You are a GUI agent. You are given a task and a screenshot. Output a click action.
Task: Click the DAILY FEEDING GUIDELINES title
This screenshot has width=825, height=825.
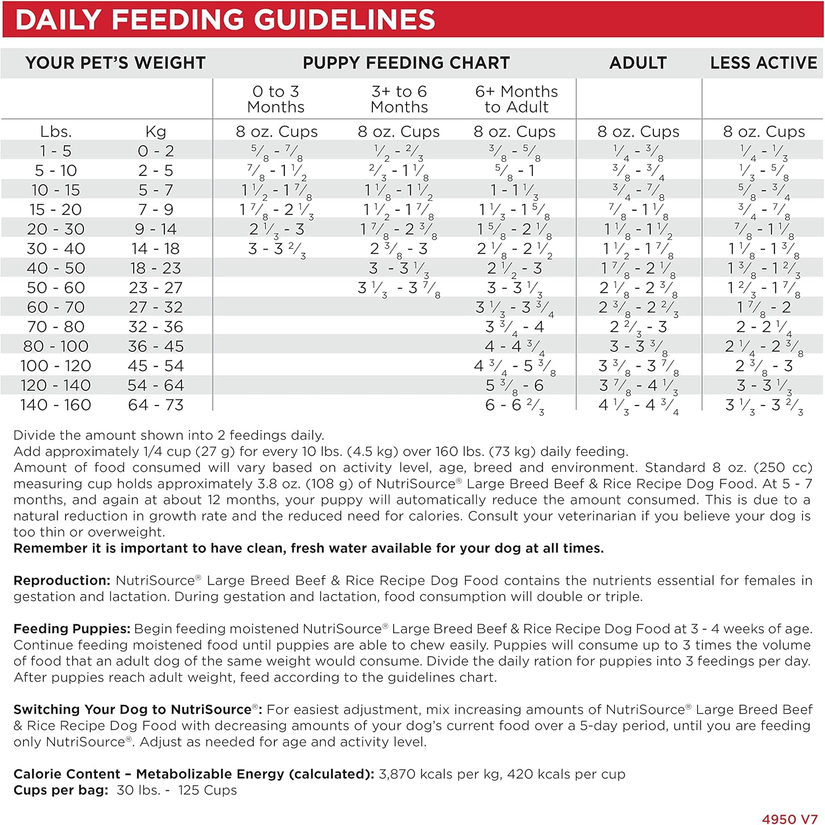[225, 19]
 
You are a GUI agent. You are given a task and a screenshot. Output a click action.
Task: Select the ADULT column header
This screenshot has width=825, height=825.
[638, 63]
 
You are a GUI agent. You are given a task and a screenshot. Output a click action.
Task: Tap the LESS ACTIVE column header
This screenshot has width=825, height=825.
[763, 63]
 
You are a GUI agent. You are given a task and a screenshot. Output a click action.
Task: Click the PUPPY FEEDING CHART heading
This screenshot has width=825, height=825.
[406, 63]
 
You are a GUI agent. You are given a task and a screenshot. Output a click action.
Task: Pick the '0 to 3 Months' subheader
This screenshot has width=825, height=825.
[276, 99]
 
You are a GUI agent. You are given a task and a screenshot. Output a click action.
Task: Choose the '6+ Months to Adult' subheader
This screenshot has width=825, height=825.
[516, 99]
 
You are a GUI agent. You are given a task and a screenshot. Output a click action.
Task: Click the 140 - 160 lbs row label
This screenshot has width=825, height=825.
[56, 405]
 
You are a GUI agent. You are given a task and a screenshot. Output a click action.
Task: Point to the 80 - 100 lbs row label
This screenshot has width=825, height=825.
[56, 346]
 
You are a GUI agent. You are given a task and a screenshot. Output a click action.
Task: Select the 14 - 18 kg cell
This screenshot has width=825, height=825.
[156, 249]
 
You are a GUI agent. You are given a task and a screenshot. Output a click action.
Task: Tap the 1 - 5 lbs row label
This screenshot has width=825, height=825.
[56, 151]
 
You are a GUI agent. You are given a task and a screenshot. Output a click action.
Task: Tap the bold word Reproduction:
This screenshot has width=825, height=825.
[62, 581]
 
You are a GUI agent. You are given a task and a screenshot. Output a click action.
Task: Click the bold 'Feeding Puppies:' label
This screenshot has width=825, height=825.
[71, 629]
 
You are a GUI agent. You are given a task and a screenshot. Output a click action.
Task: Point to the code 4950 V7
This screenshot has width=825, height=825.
[790, 819]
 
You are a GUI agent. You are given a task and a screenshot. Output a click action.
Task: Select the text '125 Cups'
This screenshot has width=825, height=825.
[207, 790]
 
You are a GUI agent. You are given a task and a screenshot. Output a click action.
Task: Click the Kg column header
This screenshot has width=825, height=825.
[156, 132]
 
